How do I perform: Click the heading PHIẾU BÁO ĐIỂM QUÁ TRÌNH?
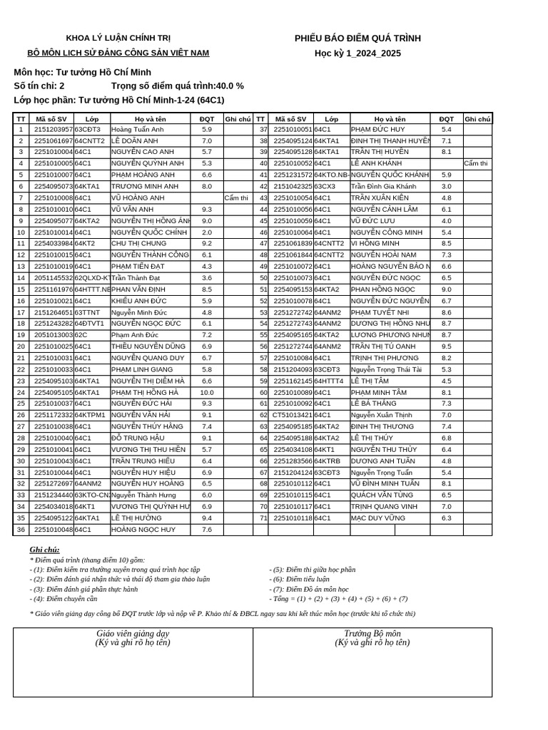[357, 38]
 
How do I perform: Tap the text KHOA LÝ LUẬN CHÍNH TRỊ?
[118, 38]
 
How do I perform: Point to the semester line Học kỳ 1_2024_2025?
[357, 53]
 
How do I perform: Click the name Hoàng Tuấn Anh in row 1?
[138, 130]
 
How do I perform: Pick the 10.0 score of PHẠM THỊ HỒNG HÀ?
[206, 392]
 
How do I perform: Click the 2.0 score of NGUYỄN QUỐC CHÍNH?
[206, 232]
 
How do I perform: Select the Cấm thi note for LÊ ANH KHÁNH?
[476, 164]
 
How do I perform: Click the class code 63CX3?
[325, 187]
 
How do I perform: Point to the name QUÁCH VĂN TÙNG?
[382, 495]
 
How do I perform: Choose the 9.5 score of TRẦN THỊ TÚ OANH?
[446, 346]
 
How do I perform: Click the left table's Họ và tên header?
[150, 119]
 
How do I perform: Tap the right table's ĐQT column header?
[446, 119]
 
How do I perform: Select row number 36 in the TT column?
[21, 530]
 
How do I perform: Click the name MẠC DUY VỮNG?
[377, 518]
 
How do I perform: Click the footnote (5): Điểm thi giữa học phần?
[312, 570]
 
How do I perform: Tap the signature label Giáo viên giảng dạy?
[133, 634]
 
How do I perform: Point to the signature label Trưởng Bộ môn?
[372, 634]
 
